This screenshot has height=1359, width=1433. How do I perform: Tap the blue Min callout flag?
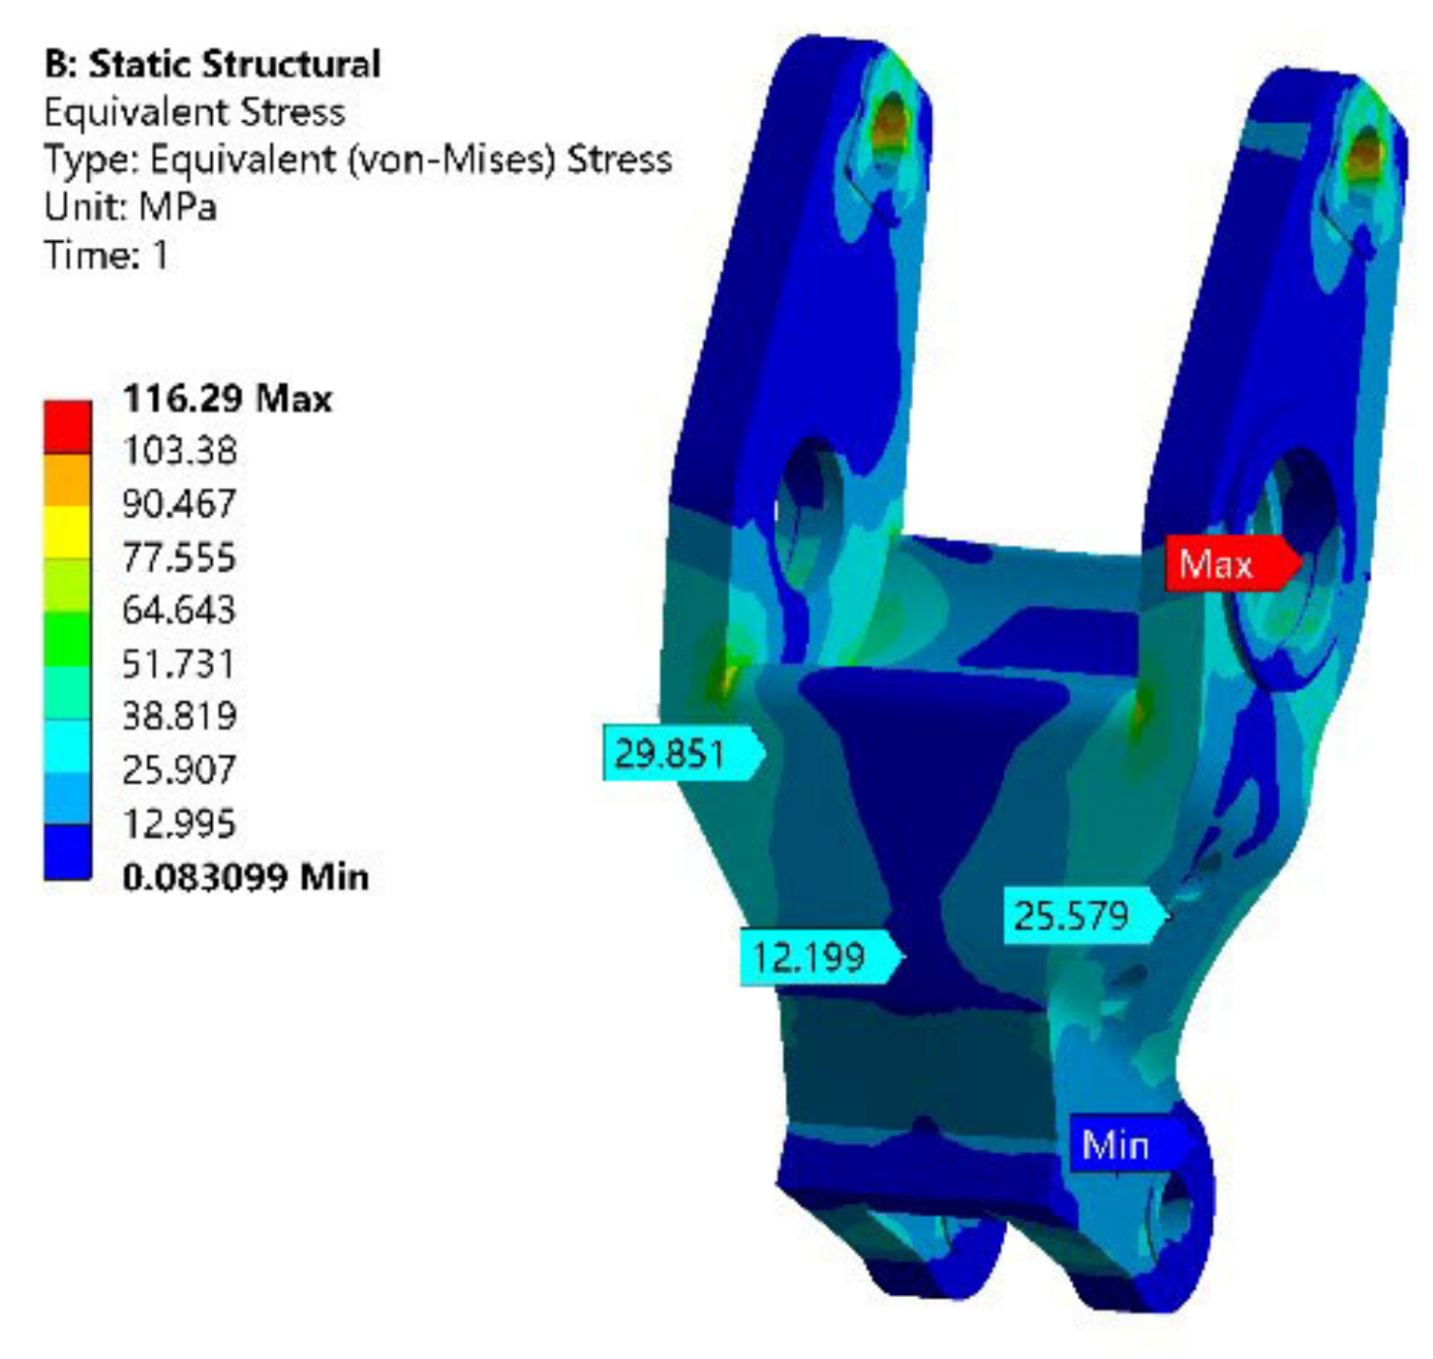[1129, 1145]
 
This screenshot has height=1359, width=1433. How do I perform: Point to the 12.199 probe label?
[821, 956]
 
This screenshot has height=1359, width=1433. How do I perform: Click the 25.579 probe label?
[1085, 916]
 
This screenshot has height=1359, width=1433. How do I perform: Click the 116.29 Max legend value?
[228, 399]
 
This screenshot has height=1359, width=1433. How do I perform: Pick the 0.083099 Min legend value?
[246, 876]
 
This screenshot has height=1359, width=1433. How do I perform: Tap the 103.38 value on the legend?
[180, 451]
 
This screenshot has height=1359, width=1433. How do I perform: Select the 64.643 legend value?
[179, 610]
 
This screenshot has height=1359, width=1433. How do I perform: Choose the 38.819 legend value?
[180, 715]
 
